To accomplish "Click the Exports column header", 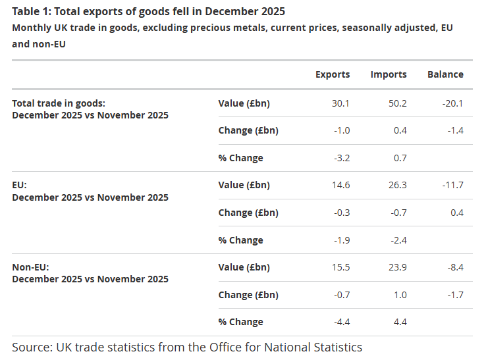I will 333,74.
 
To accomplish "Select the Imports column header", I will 389,74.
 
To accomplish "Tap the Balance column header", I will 445,74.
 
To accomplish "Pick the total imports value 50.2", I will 398,103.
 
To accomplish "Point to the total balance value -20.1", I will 452,103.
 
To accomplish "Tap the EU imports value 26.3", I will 398,185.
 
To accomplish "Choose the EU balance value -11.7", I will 452,185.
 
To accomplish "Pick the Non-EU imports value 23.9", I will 398,267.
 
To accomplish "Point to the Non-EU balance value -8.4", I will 454,267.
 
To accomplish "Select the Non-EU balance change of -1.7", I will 454,295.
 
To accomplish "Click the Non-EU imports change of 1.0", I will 400,295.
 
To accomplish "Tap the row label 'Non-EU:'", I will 30,267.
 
